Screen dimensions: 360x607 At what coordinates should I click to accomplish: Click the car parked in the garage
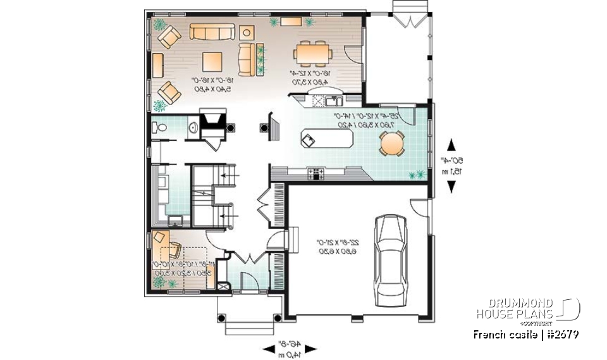(x=390, y=261)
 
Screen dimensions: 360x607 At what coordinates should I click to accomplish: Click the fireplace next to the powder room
(x=211, y=120)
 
